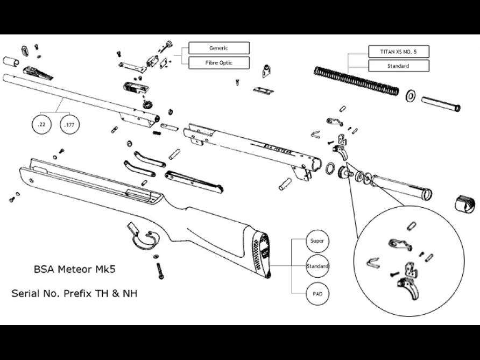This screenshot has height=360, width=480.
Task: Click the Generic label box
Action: pyautogui.click(x=218, y=48)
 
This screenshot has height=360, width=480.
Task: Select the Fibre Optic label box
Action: pyautogui.click(x=218, y=63)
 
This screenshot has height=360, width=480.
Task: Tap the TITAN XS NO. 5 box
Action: pyautogui.click(x=398, y=51)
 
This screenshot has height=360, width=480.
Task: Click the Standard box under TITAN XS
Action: pyautogui.click(x=398, y=66)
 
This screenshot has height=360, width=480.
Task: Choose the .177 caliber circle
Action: pyautogui.click(x=69, y=125)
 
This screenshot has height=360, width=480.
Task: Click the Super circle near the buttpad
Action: pyautogui.click(x=317, y=241)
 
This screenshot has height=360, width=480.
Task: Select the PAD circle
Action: pyautogui.click(x=317, y=294)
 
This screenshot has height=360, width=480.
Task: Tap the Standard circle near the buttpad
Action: pyautogui.click(x=317, y=267)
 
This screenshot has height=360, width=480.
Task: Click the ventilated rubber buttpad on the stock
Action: pyautogui.click(x=262, y=253)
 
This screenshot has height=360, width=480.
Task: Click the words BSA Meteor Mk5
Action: pyautogui.click(x=74, y=269)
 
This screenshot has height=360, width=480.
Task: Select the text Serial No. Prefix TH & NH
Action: pyautogui.click(x=74, y=294)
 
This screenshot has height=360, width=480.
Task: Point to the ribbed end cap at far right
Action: pyautogui.click(x=465, y=203)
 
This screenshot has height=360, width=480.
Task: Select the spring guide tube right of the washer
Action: pyautogui.click(x=440, y=104)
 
